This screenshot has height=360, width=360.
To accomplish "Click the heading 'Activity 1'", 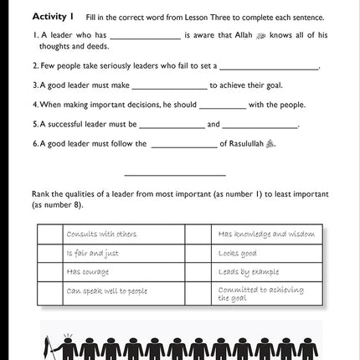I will pos(53,17).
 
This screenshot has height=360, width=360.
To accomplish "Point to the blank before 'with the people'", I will pos(223,106).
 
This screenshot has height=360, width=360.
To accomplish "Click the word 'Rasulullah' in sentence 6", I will pos(246,144).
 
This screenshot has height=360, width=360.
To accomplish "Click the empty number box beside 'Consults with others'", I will pos(50,234).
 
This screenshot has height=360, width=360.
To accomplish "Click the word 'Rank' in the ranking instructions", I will pos(40,193).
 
